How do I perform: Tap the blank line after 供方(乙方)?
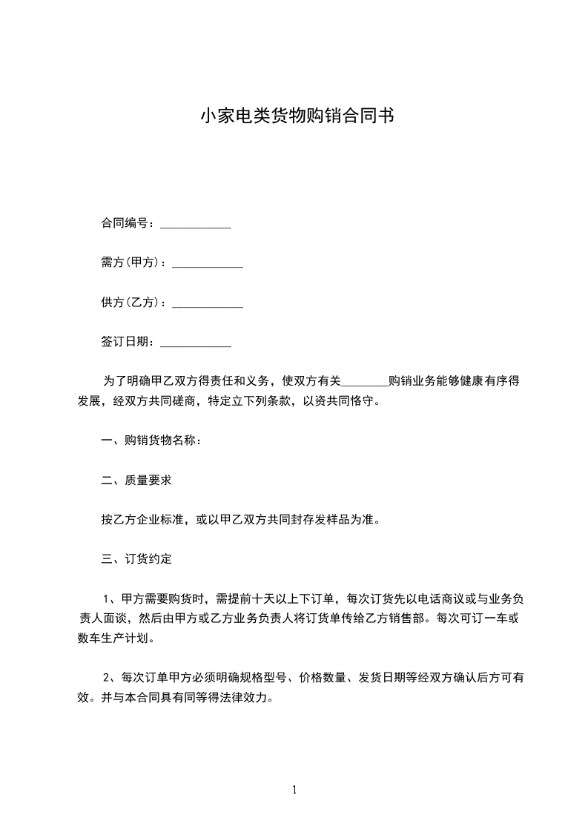pos(208,304)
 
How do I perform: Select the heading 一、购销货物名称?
pos(151,440)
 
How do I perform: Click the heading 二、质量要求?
pos(136,481)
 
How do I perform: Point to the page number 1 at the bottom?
pos(294,790)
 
